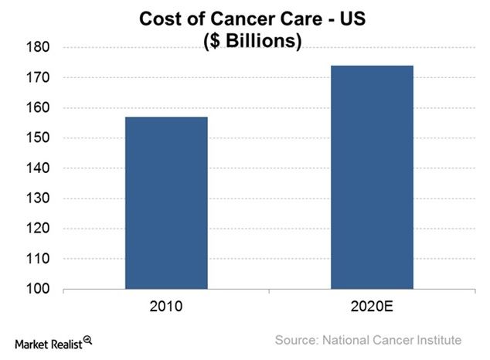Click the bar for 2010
click(x=166, y=203)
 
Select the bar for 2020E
click(x=372, y=177)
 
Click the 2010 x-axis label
click(x=166, y=307)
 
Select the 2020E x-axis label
click(x=372, y=307)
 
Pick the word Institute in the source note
click(x=438, y=340)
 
